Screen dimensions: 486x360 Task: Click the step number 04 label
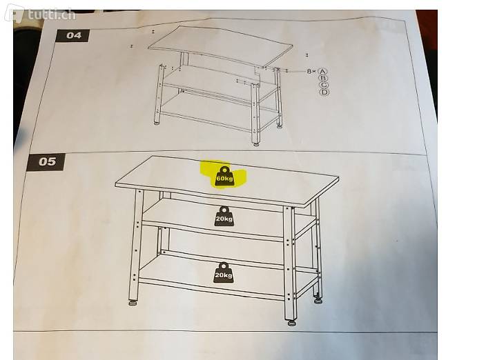pos(73,35)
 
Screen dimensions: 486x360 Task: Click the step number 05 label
pos(47,161)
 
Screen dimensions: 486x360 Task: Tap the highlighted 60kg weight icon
pos(225,177)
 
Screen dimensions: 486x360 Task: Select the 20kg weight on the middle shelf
pos(224,217)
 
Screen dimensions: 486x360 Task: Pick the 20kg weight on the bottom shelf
pos(224,272)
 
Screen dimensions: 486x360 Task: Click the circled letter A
pos(323,72)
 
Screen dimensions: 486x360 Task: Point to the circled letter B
pos(324,79)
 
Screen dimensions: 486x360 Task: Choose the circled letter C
pos(324,85)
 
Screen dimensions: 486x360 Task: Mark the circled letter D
pos(325,92)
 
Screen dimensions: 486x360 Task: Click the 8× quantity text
pos(311,72)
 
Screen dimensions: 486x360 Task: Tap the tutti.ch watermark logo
pos(41,13)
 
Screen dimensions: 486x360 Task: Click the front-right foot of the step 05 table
pos(291,323)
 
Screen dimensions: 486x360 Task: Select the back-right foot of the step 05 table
pos(318,299)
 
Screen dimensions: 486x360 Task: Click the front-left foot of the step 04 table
pos(157,123)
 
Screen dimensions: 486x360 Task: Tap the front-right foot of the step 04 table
pos(256,144)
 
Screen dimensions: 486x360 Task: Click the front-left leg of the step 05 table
pos(136,245)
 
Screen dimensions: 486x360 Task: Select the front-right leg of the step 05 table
pos(290,263)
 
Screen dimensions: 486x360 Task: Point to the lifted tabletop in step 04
pos(220,46)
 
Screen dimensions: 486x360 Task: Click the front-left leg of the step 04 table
pos(159,93)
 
